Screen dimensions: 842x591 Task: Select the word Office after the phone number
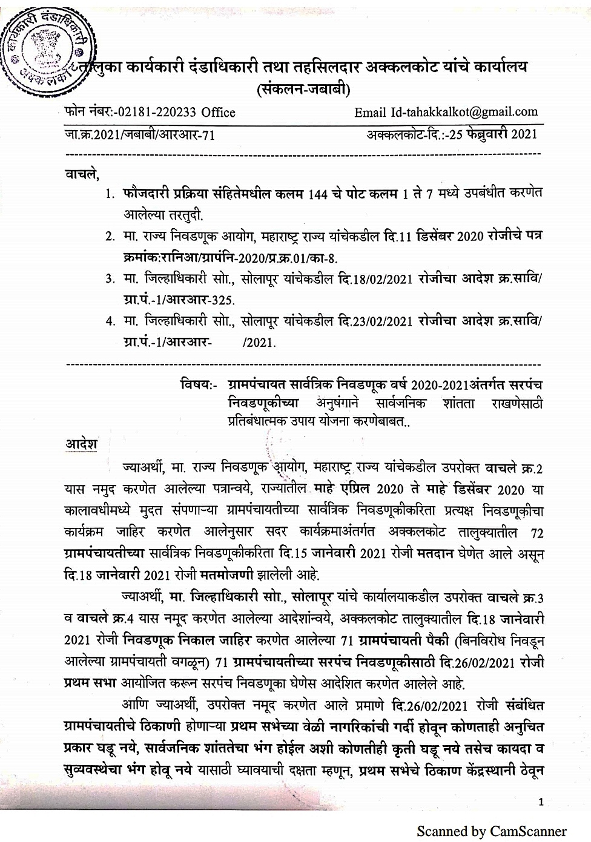[x=219, y=112]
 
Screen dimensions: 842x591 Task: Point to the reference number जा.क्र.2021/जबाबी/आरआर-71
[x=140, y=134]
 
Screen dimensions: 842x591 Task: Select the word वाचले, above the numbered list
[x=81, y=175]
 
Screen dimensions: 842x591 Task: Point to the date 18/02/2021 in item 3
[x=383, y=279]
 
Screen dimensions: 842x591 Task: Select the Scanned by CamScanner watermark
[x=491, y=830]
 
